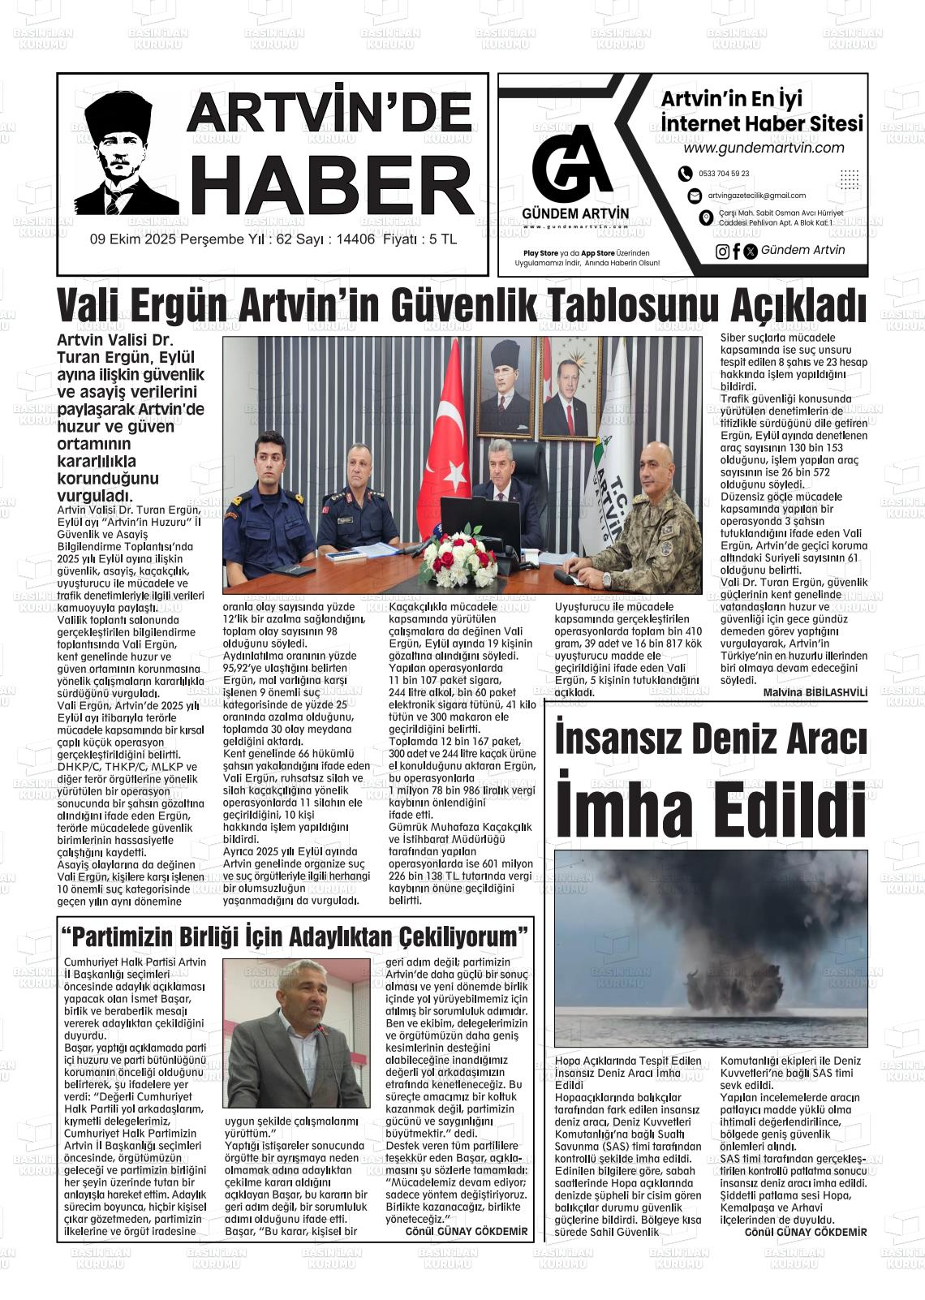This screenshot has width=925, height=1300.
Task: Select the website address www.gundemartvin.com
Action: tap(764, 148)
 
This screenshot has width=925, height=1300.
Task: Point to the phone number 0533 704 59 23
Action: tap(724, 174)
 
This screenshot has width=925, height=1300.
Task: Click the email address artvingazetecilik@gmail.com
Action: tap(756, 196)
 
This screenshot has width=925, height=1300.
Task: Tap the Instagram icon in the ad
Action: tap(722, 252)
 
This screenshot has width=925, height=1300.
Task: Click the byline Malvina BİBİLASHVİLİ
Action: tap(815, 692)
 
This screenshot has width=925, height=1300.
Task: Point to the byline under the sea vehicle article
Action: tap(805, 1232)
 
